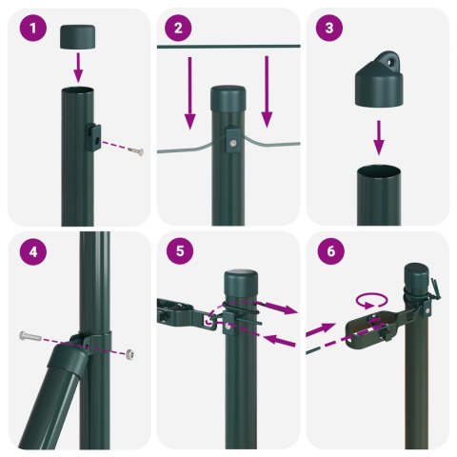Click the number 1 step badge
(x=33, y=29)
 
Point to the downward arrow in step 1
(x=79, y=68)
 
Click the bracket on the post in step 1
(x=96, y=137)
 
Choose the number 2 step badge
(x=181, y=29)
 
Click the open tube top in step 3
(x=379, y=172)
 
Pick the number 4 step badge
(x=33, y=252)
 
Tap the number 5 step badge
(x=181, y=252)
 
